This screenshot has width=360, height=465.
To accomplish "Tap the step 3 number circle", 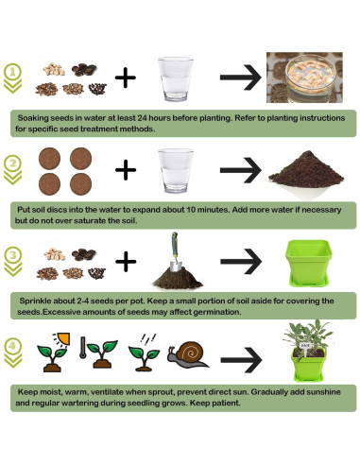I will click(12, 255).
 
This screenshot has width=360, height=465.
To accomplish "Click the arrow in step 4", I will click(240, 359).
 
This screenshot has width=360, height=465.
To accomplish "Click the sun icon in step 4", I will click(59, 339).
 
